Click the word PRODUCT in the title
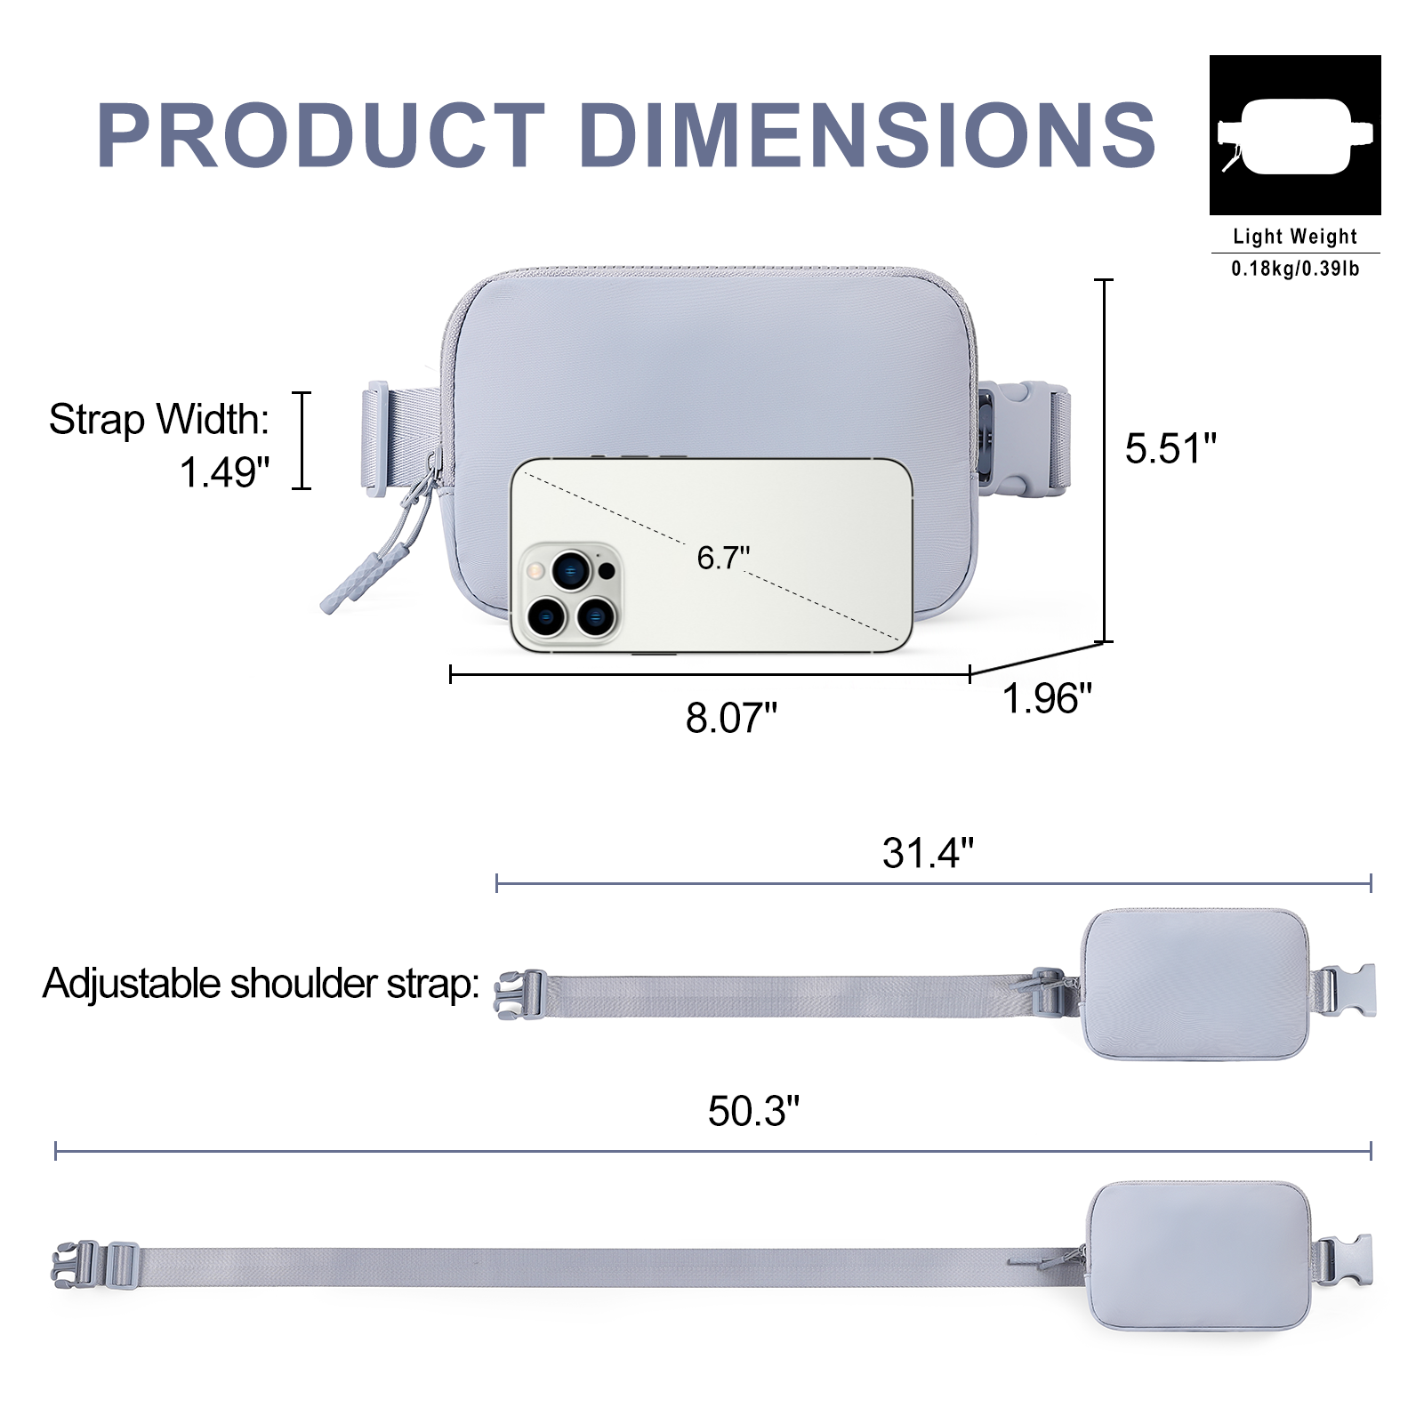coord(321,134)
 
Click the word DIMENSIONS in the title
coord(868,134)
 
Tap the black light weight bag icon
coord(1295,135)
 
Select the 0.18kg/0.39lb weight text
coord(1295,268)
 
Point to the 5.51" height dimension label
coord(1171,448)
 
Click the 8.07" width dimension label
coord(731,718)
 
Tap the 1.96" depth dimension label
coord(1047,698)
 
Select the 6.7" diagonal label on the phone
coord(723,558)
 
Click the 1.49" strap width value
coord(224,471)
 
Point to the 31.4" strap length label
coord(928,853)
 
